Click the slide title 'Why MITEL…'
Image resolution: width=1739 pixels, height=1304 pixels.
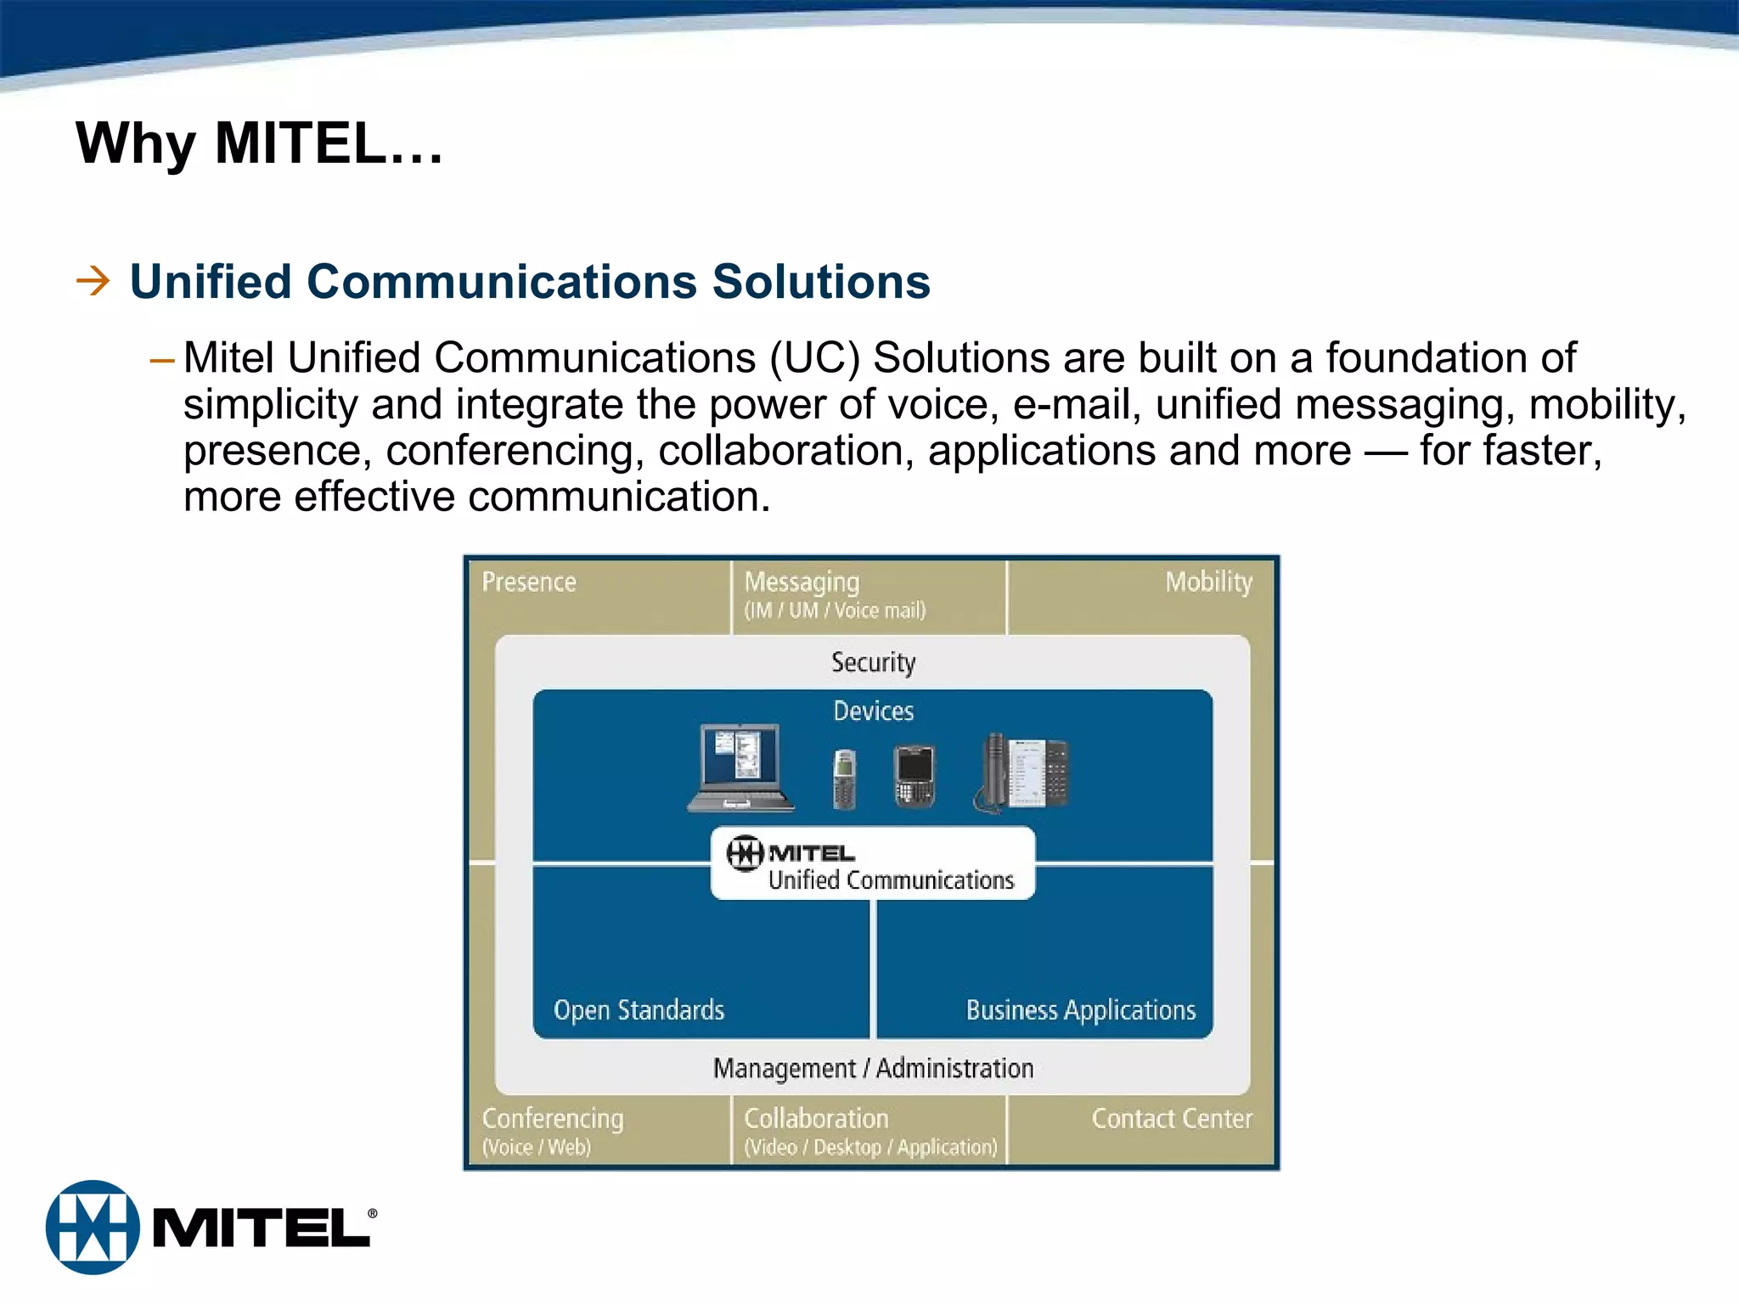pos(259,143)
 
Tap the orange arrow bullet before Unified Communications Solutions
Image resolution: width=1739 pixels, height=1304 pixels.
pos(93,281)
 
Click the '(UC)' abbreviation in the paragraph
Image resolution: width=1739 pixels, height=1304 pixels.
pos(813,357)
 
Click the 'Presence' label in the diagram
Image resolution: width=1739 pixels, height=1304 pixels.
pos(528,582)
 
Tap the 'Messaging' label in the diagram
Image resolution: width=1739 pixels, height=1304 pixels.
pos(802,582)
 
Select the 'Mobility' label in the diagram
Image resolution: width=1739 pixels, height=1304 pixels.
pos(1207,582)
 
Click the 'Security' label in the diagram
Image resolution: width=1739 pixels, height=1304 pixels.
pos(873,662)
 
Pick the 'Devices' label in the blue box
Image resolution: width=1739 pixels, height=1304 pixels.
pos(873,711)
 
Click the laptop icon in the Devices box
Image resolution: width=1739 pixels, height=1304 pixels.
pos(740,767)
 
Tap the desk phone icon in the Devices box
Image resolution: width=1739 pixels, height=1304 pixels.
pos(1021,773)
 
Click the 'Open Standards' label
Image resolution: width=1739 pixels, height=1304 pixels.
pos(639,1010)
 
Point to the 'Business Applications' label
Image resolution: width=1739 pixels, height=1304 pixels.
pos(1080,1010)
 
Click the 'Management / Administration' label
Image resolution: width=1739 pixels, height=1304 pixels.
pos(873,1068)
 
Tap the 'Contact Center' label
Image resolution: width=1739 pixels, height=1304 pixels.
pos(1171,1119)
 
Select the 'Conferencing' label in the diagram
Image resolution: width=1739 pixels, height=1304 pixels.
pos(552,1119)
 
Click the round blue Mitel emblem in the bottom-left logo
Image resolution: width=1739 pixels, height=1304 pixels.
pos(93,1227)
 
